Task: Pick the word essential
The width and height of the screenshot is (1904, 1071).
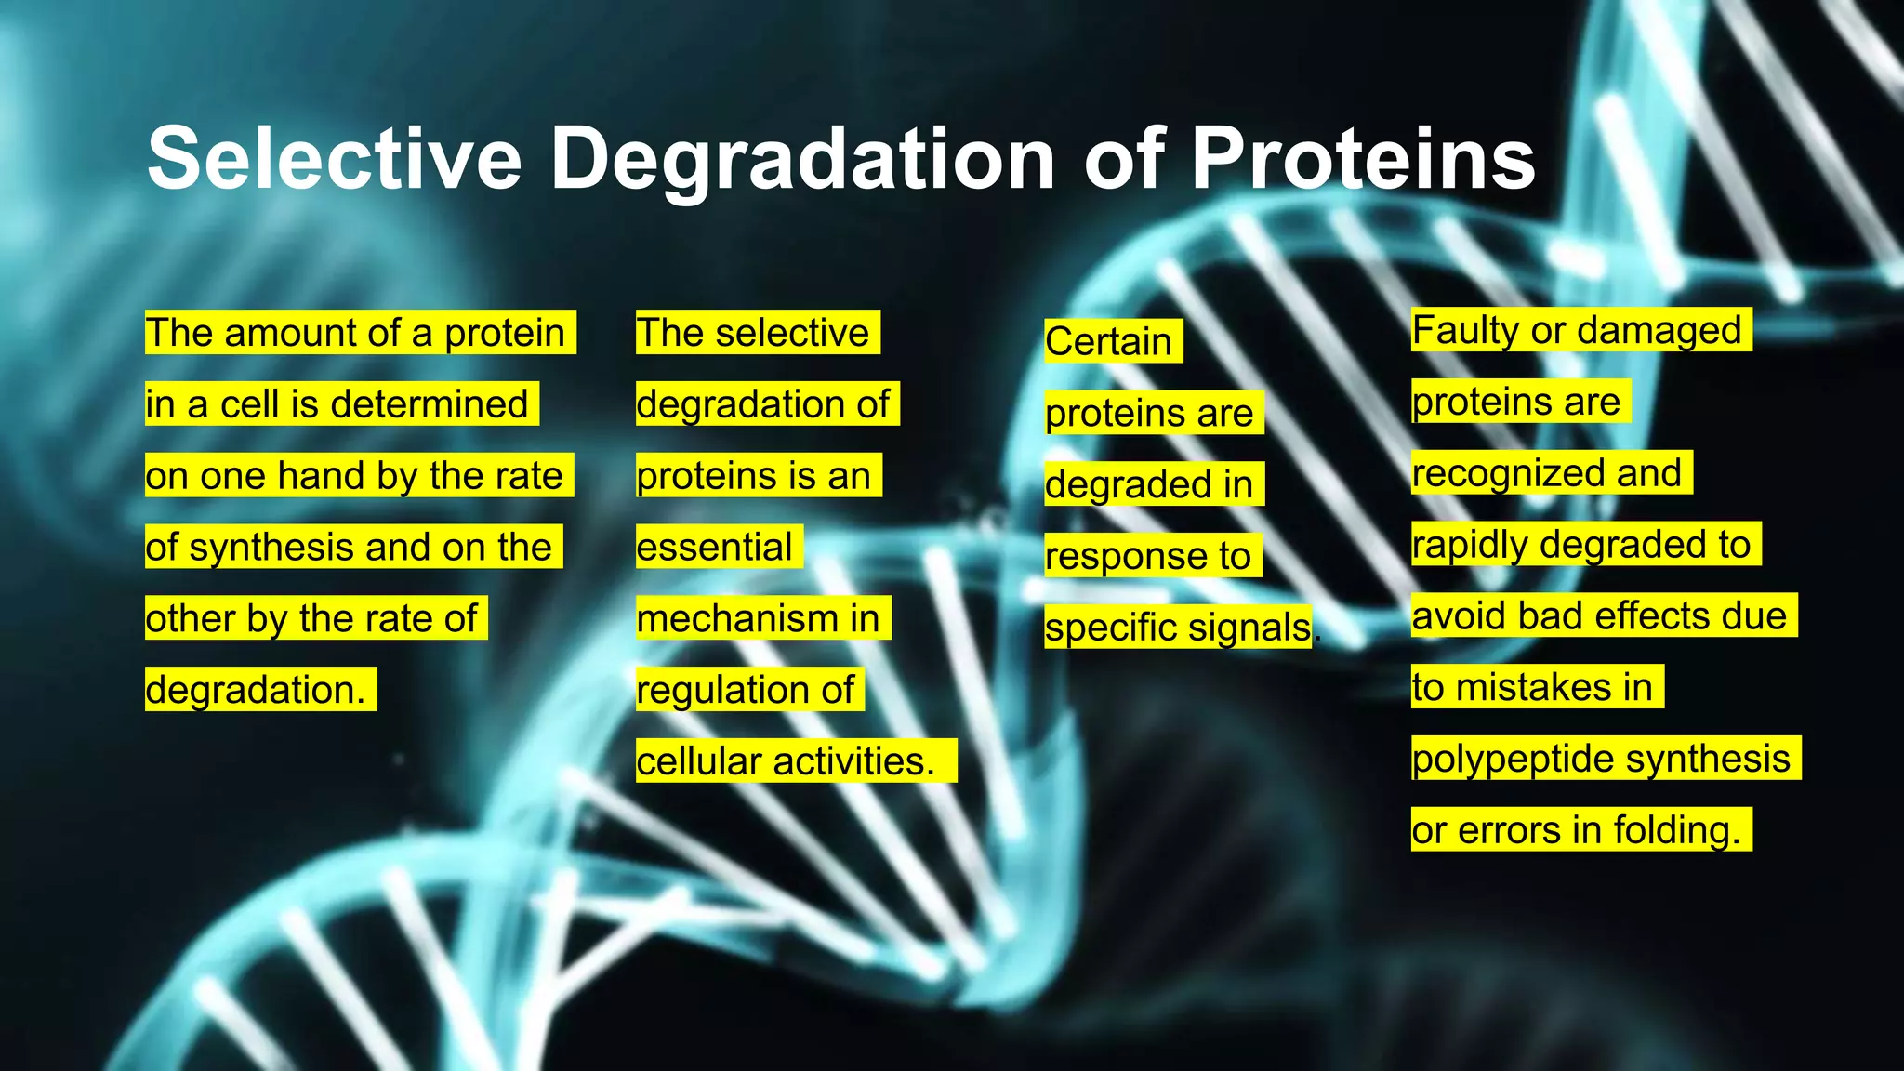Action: pyautogui.click(x=714, y=547)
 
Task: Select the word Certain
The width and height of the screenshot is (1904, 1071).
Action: pyautogui.click(x=1108, y=341)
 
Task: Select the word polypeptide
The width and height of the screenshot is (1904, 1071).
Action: pyautogui.click(x=1513, y=759)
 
